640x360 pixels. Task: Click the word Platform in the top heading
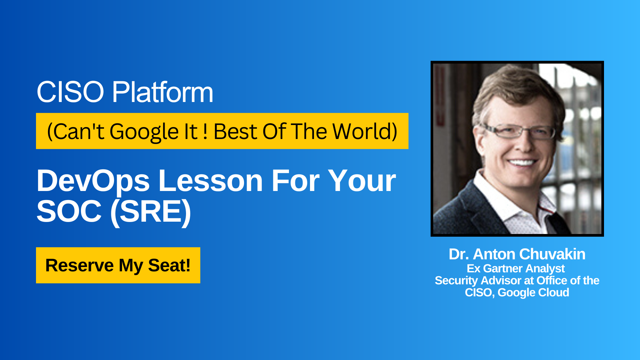pos(162,92)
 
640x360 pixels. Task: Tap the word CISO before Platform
pos(70,92)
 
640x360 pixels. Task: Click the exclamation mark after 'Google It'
pos(205,131)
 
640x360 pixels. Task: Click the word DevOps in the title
pos(93,181)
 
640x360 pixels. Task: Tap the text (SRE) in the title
pos(150,212)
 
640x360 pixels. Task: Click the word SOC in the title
pos(69,211)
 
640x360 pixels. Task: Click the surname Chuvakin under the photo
pos(552,254)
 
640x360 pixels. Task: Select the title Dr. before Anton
pos(459,254)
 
